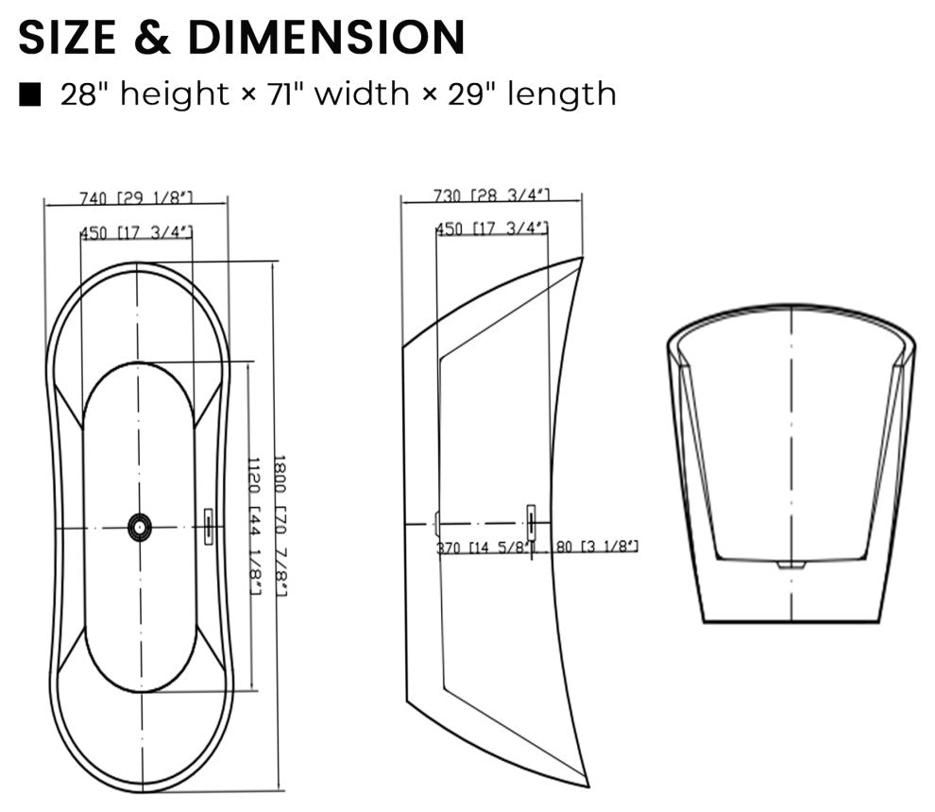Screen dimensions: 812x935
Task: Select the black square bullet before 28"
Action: [x=31, y=94]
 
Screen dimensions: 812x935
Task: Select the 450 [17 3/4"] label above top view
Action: [x=136, y=232]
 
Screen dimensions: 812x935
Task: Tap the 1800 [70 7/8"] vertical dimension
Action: [x=280, y=525]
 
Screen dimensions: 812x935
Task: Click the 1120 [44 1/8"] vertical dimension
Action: [x=254, y=525]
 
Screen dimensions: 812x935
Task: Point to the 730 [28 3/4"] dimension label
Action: [x=491, y=195]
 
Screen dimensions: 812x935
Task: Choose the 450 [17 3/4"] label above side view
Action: [x=491, y=228]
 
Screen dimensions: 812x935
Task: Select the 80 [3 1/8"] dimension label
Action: [x=596, y=547]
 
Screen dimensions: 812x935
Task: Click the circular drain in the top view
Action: [x=140, y=527]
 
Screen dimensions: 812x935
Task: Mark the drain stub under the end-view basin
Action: [x=791, y=565]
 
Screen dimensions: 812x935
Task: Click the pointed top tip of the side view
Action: [x=581, y=260]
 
